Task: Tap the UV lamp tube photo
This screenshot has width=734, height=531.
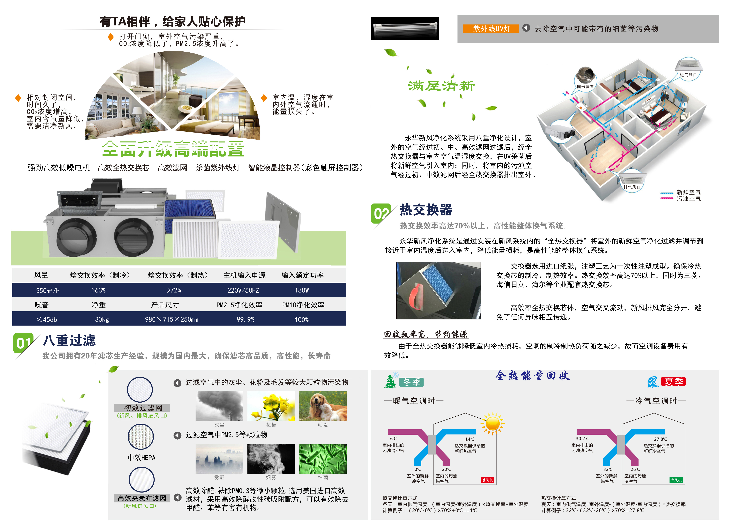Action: point(405,29)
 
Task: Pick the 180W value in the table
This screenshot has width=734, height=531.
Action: point(302,290)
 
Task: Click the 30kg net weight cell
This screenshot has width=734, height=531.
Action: point(102,319)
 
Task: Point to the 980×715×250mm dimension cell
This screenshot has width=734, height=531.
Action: point(172,319)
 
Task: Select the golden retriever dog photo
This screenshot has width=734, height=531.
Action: point(323,406)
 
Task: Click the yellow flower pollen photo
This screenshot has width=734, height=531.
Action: point(271,406)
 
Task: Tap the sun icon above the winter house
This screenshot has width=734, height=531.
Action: point(493,423)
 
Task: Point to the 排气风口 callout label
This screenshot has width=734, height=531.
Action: point(632,187)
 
